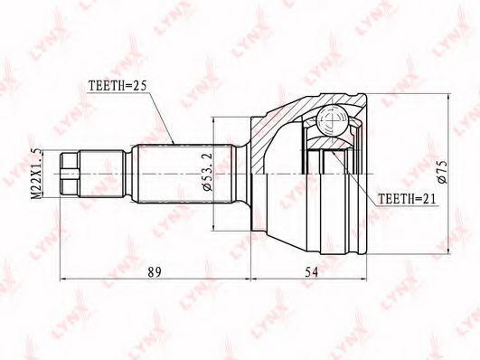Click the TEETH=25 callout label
tap(118, 86)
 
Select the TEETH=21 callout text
tap(407, 199)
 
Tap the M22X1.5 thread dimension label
tap(36, 174)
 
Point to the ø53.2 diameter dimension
tap(207, 175)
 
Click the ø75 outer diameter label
tap(443, 171)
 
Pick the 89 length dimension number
tap(155, 272)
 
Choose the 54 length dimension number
tap(311, 272)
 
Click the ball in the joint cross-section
tap(332, 120)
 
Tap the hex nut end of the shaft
tap(70, 174)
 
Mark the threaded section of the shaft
tap(101, 174)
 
